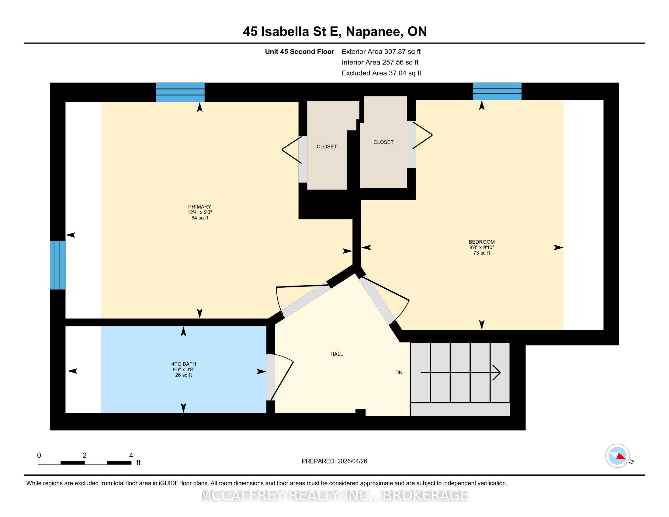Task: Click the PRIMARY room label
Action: tap(200, 207)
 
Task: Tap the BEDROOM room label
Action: tap(482, 242)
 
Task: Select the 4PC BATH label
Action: tap(183, 364)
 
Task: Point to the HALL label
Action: tap(337, 354)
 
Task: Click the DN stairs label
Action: tap(399, 373)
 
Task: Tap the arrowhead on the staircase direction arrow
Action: tap(497, 373)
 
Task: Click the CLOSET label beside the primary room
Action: tap(327, 147)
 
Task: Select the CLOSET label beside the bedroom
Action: tap(383, 142)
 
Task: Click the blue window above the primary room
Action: tap(180, 92)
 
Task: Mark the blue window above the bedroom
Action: tap(497, 91)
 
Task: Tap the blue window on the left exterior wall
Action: tap(58, 265)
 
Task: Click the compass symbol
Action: tap(618, 456)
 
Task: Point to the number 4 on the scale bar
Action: tap(131, 456)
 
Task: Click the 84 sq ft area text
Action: tap(200, 218)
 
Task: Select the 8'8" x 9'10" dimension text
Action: tap(482, 247)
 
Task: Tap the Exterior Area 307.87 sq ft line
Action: tap(381, 51)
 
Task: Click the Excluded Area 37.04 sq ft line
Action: tap(381, 73)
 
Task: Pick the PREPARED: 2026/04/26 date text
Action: tap(334, 461)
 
